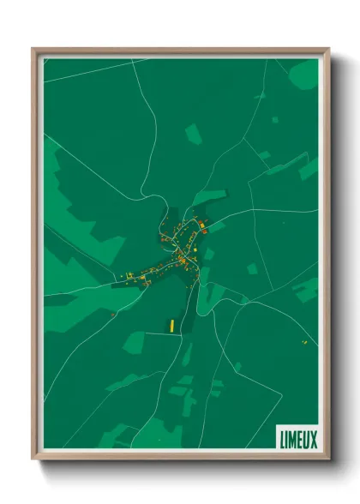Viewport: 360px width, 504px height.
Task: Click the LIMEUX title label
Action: coord(297,438)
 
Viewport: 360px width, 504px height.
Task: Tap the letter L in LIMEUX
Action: coord(282,438)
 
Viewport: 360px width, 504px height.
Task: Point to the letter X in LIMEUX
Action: coord(314,438)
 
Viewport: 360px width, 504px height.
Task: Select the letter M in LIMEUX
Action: coord(291,438)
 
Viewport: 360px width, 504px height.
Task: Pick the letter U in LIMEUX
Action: coord(307,438)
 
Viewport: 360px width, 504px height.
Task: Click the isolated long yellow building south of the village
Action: coord(171,325)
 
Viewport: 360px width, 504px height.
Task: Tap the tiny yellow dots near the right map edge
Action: coord(303,342)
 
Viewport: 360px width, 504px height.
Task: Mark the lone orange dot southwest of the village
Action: coord(112,315)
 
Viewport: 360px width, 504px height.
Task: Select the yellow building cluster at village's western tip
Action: coord(129,275)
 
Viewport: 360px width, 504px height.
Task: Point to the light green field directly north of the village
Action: coord(194,134)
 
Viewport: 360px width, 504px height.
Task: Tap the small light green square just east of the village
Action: coord(252,268)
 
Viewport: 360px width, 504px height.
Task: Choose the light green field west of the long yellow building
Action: coord(135,342)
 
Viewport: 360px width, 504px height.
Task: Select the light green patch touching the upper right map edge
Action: coord(308,168)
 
